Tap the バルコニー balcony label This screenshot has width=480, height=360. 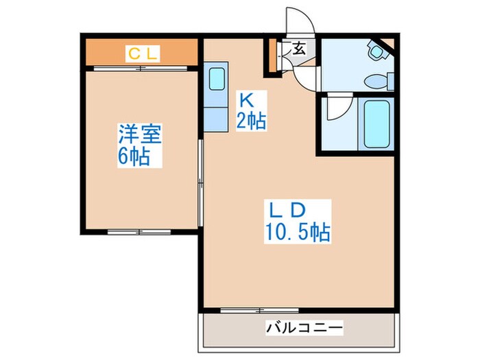tap(303, 330)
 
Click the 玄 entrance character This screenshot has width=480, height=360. tap(300, 49)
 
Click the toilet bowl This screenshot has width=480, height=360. tap(376, 79)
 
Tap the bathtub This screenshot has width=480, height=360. tap(376, 123)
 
